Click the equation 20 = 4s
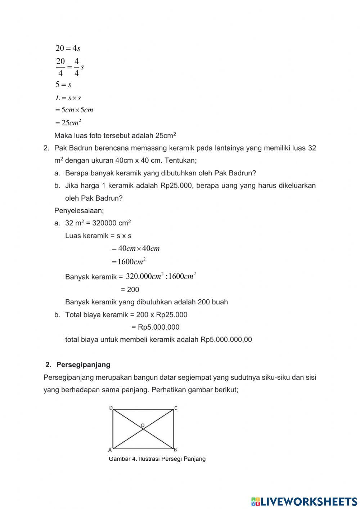tap(68, 48)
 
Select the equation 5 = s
tap(63, 85)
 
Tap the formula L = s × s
tap(68, 98)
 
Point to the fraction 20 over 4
tap(60, 67)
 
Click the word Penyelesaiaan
tap(79, 210)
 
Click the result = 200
tap(130, 290)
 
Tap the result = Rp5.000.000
tap(156, 327)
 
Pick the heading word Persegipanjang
tap(83, 365)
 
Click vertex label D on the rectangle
tap(111, 408)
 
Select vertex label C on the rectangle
tap(176, 408)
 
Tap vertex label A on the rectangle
tap(110, 450)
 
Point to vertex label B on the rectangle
tap(175, 450)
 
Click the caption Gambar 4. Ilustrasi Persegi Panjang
tap(157, 459)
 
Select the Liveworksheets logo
tap(304, 501)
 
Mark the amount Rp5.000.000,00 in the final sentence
tap(226, 339)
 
